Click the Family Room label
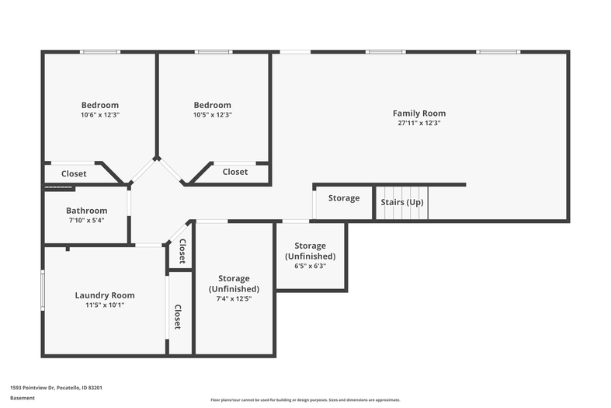(x=419, y=113)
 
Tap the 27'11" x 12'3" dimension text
(x=419, y=123)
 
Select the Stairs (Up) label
(x=401, y=202)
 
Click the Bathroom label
(x=86, y=211)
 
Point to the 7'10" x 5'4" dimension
(x=86, y=221)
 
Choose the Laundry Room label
(x=105, y=295)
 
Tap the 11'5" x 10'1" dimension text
(x=105, y=305)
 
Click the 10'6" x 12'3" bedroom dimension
(x=99, y=115)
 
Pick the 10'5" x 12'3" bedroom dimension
(x=213, y=115)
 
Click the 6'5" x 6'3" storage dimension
(x=311, y=266)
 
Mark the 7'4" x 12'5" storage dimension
(x=234, y=298)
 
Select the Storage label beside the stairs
(x=344, y=198)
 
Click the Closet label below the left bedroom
(x=74, y=173)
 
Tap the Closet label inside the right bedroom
(x=235, y=172)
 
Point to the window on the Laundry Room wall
(x=43, y=290)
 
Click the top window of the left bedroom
(x=100, y=52)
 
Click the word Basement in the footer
(x=23, y=398)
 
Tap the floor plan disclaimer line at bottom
(x=305, y=399)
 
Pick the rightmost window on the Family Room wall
(x=498, y=52)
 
